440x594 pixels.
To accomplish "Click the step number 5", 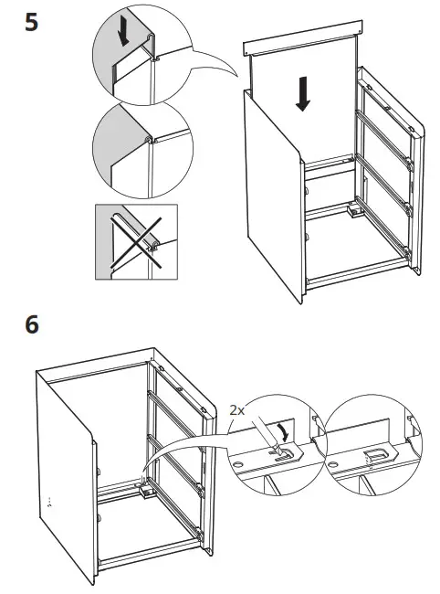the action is click(32, 22).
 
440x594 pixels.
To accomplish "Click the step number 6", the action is click(32, 324).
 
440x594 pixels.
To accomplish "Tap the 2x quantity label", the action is click(237, 410).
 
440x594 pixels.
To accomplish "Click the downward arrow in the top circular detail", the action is click(123, 35).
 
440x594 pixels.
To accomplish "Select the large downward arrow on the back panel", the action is click(303, 93).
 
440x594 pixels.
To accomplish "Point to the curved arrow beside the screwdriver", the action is click(283, 432).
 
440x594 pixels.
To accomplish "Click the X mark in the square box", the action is click(136, 242).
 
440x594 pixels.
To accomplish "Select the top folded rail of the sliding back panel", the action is click(303, 38).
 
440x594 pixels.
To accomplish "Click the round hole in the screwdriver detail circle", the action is click(237, 464).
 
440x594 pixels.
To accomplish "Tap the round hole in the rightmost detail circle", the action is click(333, 464).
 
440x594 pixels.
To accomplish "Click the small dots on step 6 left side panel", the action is click(48, 503).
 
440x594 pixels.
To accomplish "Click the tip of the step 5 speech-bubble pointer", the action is click(237, 76).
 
